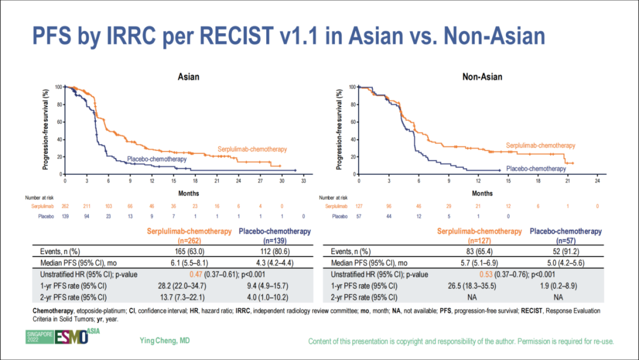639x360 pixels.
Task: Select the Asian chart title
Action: [189, 77]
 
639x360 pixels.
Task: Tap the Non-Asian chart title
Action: [482, 77]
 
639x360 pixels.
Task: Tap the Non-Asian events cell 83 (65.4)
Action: [480, 251]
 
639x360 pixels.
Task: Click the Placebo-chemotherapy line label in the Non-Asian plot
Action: [536, 169]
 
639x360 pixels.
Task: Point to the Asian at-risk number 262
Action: [66, 206]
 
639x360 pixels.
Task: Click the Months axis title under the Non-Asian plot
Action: [482, 193]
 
